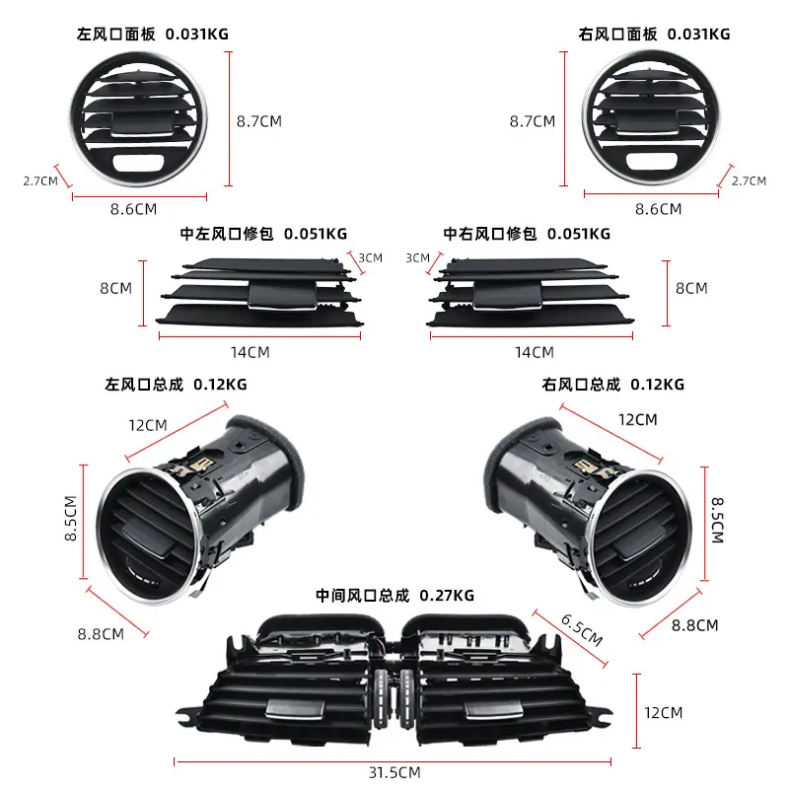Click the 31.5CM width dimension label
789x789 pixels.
click(x=394, y=772)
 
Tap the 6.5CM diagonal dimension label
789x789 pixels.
click(x=582, y=629)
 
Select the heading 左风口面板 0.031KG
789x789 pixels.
click(x=153, y=35)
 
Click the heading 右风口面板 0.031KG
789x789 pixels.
click(x=654, y=35)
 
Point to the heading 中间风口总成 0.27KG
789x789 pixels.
click(x=395, y=596)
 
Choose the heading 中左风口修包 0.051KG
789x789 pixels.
click(x=263, y=234)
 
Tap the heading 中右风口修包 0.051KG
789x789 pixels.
click(x=527, y=234)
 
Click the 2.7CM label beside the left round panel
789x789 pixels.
click(x=40, y=181)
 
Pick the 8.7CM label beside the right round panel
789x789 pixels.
click(x=533, y=121)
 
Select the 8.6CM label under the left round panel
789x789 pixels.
click(x=134, y=209)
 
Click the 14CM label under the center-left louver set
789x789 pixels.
click(x=251, y=352)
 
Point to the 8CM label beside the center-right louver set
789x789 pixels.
click(x=691, y=288)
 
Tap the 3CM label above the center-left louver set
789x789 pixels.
click(x=371, y=258)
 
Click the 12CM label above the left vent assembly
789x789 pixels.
click(x=147, y=426)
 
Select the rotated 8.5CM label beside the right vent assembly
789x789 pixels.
click(x=718, y=521)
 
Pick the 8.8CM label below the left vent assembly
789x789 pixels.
click(x=101, y=634)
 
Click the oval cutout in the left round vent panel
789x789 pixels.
click(x=137, y=163)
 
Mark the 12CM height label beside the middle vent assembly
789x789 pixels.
click(x=663, y=713)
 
